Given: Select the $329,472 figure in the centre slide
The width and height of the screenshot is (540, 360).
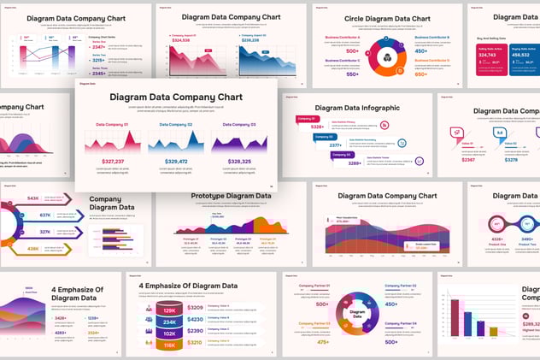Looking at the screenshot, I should point(176,161).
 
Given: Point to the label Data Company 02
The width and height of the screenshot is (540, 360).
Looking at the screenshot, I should point(175,125).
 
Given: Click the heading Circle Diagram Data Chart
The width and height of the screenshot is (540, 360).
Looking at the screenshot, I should point(375,18).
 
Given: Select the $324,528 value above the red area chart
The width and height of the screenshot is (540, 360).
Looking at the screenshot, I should point(181,40).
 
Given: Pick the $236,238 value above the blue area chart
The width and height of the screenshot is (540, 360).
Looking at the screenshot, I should point(250,40).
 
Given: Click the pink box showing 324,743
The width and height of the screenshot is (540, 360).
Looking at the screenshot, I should point(487,55).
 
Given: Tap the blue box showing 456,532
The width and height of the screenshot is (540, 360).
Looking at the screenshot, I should point(524,55).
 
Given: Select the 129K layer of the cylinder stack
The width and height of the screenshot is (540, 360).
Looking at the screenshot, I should point(169,310).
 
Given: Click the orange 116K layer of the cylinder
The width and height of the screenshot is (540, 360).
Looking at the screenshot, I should point(169,345).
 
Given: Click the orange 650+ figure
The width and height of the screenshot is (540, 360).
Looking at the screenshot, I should point(420,74).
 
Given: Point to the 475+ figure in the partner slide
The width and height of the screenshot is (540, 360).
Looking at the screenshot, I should point(323,341).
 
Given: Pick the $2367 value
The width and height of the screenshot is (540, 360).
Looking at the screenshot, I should point(468,160).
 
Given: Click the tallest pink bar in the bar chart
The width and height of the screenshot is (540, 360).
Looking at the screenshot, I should point(455,316).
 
